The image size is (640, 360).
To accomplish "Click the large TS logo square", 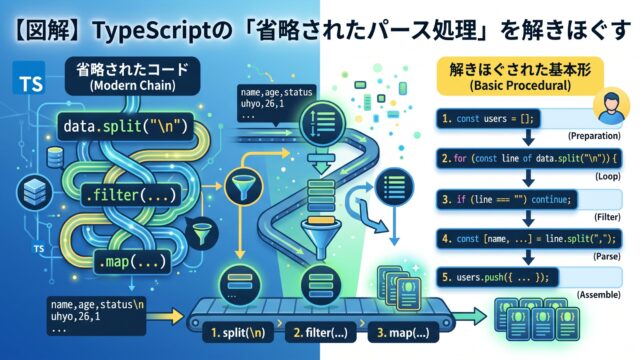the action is (x=29, y=77).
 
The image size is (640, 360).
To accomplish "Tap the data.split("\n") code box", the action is (x=126, y=127).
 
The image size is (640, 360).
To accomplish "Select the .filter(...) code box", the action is (x=131, y=195).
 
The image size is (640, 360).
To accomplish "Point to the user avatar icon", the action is (x=611, y=106).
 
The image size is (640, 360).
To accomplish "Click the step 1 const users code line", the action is (x=488, y=119).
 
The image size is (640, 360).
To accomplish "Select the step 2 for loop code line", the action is (x=529, y=158).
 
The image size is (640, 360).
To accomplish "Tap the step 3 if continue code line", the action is (x=507, y=200).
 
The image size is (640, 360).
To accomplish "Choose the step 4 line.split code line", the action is (x=529, y=238).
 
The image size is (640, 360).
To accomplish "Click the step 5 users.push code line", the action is (x=497, y=278).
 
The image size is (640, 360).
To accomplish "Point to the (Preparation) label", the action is (x=594, y=136).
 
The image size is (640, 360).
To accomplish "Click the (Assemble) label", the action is (x=599, y=295).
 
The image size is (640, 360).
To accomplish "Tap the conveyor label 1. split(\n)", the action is (x=238, y=333).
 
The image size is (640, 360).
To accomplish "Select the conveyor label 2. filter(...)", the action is (x=320, y=333).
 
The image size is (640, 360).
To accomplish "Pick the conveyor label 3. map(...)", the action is (x=403, y=333).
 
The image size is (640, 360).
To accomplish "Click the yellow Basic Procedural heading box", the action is (x=520, y=77).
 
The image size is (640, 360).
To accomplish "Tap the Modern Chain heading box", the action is (x=133, y=76).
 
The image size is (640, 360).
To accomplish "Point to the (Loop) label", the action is (x=608, y=176).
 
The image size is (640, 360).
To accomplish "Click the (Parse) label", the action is (x=607, y=256).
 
